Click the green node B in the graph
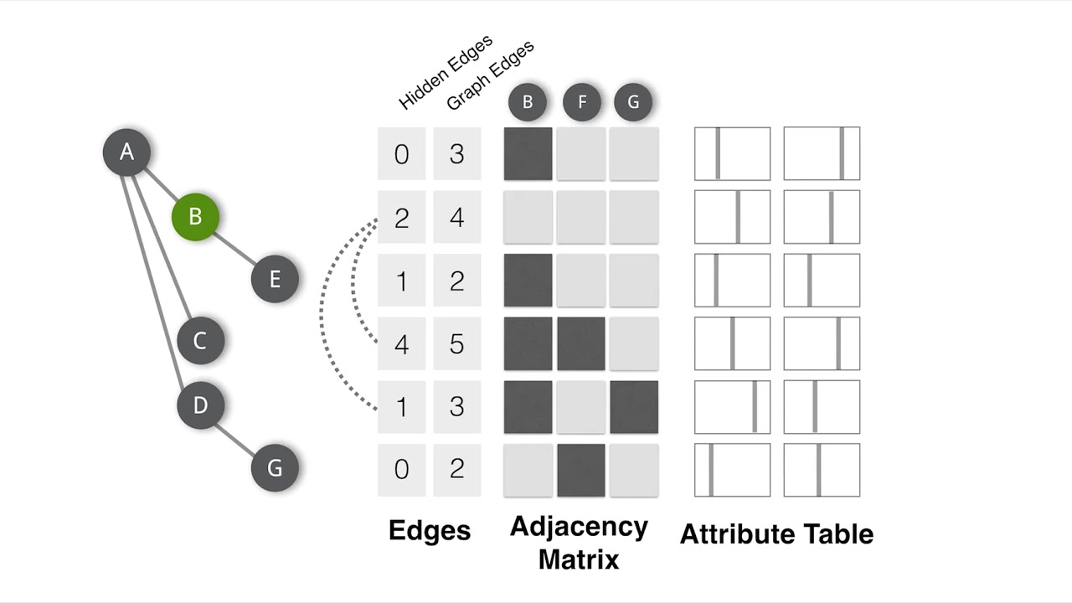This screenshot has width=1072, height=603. [x=195, y=217]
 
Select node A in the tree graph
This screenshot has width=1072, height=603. [x=126, y=152]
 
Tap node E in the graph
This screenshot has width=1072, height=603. [x=275, y=279]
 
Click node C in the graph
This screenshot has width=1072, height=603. [x=200, y=341]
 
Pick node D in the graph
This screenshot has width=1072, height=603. [x=200, y=405]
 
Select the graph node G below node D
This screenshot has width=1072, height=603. [x=275, y=467]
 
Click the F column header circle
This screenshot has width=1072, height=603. [x=582, y=102]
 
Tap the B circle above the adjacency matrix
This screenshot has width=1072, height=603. [x=528, y=102]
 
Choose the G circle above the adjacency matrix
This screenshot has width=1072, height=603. [x=633, y=102]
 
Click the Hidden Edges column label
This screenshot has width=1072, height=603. [x=445, y=73]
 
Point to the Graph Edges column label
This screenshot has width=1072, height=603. [x=490, y=75]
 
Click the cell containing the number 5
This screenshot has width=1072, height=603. [x=456, y=343]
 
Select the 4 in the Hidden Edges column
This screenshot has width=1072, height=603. [x=401, y=343]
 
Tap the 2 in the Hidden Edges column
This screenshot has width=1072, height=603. [x=401, y=218]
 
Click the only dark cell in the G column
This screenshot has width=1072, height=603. [x=634, y=407]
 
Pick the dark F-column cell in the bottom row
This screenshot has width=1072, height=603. [x=581, y=470]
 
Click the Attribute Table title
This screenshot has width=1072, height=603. [x=776, y=534]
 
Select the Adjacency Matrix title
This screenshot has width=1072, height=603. [x=579, y=543]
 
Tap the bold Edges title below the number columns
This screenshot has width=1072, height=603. [x=430, y=530]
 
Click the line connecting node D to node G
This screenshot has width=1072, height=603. [x=238, y=436]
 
